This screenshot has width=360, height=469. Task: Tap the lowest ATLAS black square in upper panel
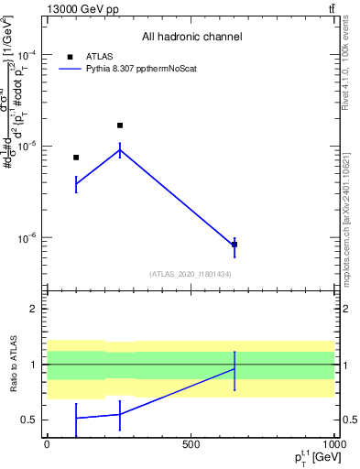point(235,245)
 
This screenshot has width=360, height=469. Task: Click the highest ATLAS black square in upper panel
point(120,125)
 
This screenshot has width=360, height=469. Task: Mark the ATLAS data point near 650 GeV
point(235,245)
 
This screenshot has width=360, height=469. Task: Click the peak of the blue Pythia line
point(120,149)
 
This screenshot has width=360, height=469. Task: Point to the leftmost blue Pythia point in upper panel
point(76,184)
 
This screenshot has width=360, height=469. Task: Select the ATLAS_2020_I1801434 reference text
point(191,274)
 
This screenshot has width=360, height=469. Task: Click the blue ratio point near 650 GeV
point(235,369)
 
